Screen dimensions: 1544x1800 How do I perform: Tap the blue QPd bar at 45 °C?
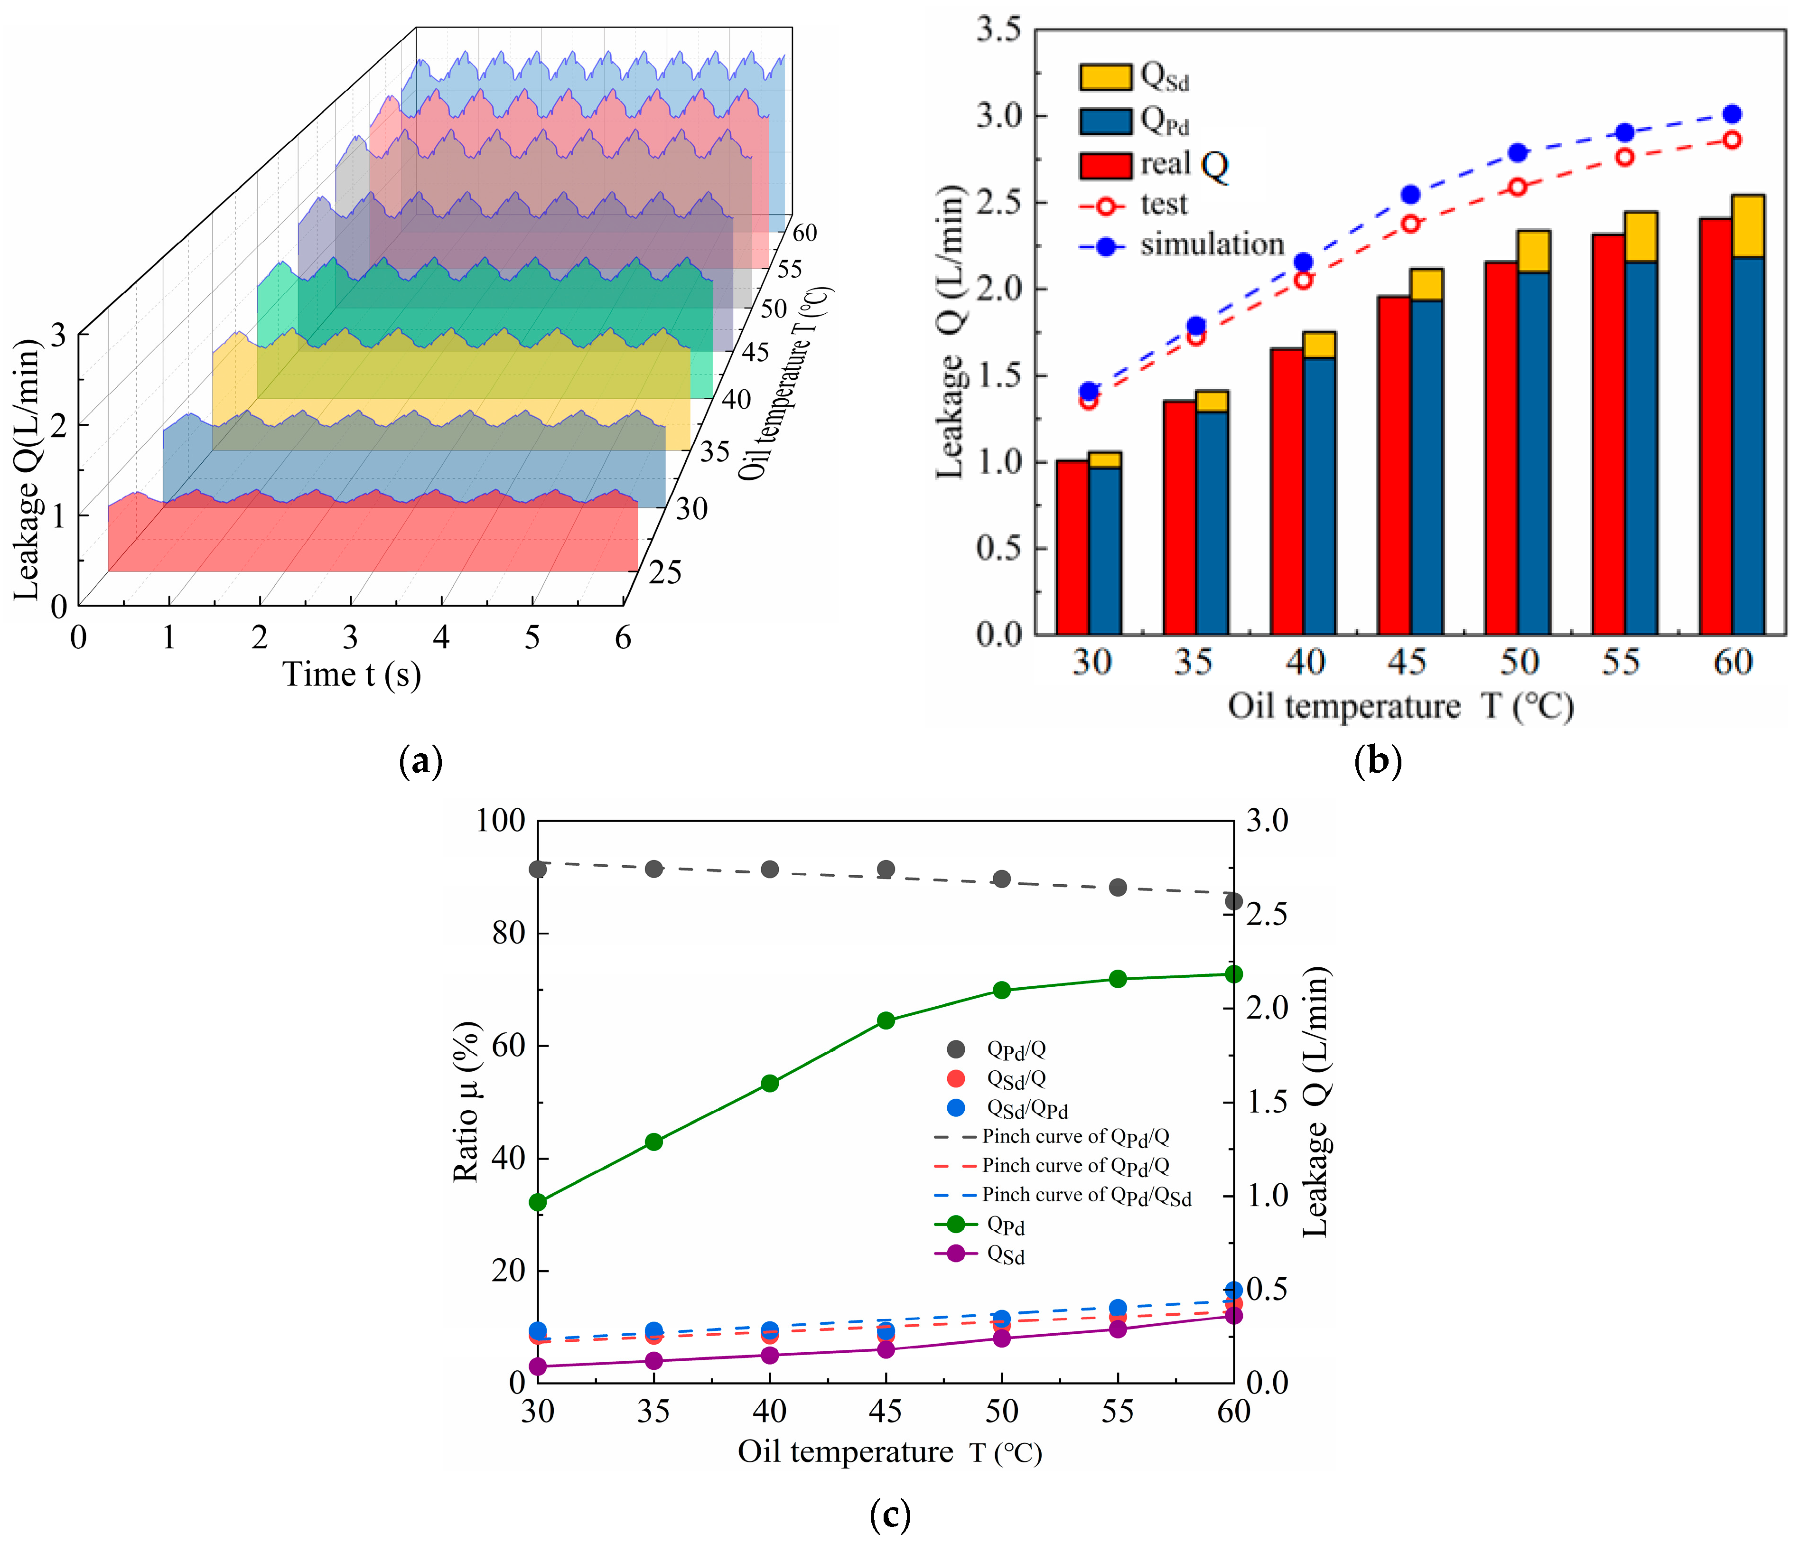click(1427, 467)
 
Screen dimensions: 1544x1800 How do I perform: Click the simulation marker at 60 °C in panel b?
click(1731, 114)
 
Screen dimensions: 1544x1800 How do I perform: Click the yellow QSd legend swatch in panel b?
click(1105, 76)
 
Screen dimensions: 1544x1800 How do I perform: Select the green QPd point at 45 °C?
click(885, 1021)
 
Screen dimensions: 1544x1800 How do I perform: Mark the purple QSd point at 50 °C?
click(1002, 1339)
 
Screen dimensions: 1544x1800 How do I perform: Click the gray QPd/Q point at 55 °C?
click(1118, 887)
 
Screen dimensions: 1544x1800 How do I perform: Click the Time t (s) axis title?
click(351, 674)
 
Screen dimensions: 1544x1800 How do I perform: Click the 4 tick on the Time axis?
click(441, 639)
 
